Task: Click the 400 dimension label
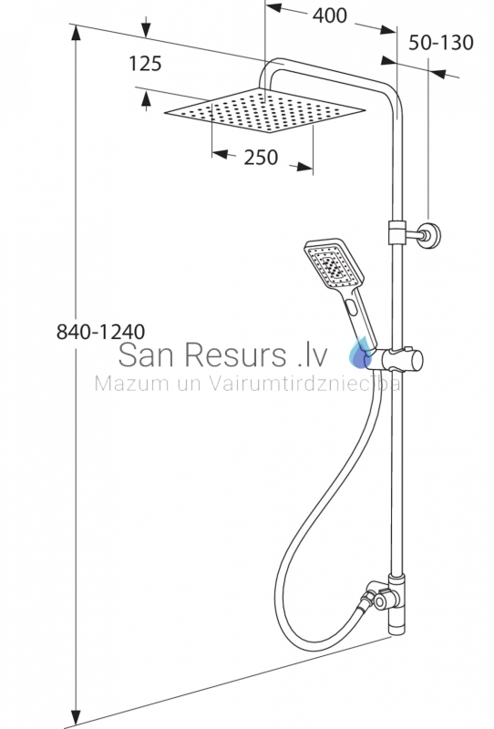329,15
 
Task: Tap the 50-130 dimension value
440,42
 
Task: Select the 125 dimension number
145,64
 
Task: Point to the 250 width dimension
261,157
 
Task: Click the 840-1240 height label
100,332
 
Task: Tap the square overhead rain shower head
265,110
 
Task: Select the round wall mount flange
430,235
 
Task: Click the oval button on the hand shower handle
352,307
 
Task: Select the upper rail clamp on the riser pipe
396,232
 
